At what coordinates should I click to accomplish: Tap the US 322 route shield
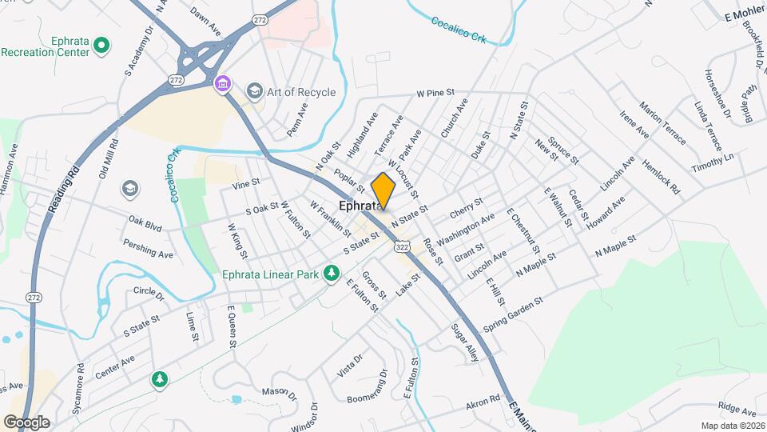(402, 248)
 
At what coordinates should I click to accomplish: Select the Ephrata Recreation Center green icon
(101, 46)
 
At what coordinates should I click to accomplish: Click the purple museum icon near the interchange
(222, 82)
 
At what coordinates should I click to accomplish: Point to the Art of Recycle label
(302, 92)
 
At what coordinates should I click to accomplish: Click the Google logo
(26, 422)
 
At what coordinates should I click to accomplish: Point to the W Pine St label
(435, 94)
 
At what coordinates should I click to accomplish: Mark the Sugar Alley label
(464, 342)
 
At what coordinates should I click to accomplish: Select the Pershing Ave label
(148, 249)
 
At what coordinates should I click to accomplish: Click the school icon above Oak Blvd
(128, 188)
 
